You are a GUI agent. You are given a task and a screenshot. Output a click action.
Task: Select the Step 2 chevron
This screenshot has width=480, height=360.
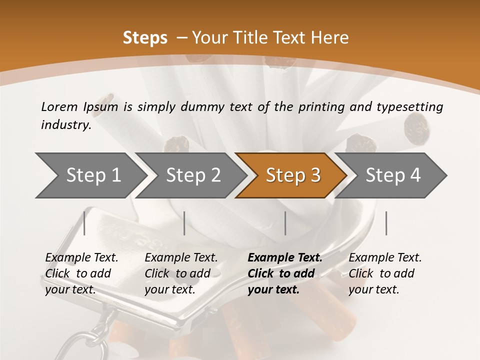tap(193, 175)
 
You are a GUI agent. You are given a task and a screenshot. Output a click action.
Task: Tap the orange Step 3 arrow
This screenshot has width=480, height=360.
tap(293, 175)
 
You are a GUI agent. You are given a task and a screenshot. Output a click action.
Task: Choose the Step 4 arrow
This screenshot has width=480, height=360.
tap(393, 175)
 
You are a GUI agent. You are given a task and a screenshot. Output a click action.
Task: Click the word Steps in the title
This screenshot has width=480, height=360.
tap(145, 38)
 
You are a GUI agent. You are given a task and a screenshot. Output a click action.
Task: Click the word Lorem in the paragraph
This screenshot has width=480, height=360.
tap(59, 106)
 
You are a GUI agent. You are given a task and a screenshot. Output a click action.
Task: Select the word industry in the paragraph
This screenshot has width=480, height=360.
tap(65, 125)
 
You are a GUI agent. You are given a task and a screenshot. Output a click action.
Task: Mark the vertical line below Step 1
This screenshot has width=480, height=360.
tap(84, 223)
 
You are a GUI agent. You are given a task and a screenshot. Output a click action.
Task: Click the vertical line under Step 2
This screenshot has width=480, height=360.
tap(184, 223)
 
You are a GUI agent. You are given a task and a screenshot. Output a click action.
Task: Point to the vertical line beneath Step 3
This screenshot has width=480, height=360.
tap(285, 223)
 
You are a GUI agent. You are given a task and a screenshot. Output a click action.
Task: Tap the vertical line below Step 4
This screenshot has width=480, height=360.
tap(386, 223)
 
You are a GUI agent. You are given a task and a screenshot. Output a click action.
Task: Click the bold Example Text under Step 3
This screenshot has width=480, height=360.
tap(285, 258)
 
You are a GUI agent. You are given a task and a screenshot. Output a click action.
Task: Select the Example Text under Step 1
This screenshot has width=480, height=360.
tap(81, 258)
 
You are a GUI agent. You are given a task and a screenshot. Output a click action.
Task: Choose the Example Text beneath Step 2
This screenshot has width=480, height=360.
tap(181, 258)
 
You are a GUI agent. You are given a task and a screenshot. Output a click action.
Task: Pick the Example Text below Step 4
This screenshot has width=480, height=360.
tap(385, 258)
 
